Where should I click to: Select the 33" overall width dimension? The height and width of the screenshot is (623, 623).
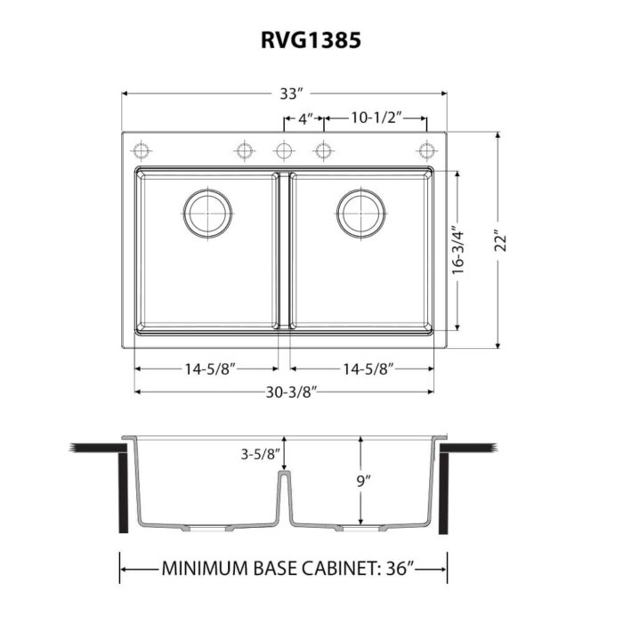coord(287,93)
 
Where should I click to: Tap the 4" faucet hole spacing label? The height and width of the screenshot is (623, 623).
coord(303,117)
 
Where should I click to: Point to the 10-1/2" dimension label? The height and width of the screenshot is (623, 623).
coord(376,117)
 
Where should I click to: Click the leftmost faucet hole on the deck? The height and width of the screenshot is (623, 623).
coord(138,150)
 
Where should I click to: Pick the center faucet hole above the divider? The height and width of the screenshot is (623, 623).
coord(284,150)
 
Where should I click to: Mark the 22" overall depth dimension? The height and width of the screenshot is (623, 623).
coord(500,242)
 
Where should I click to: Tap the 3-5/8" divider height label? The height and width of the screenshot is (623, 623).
coord(259,455)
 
